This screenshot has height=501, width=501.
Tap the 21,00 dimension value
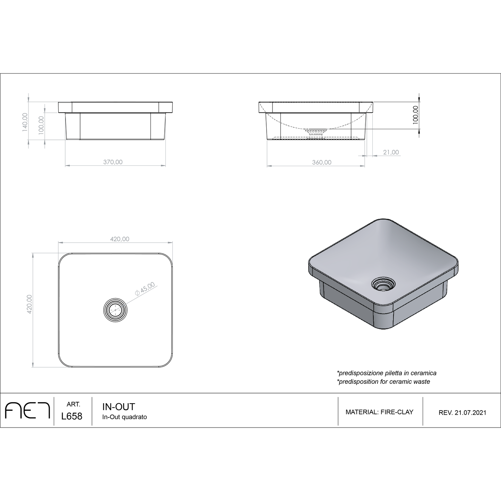[390, 152]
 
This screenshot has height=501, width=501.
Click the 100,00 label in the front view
[41, 125]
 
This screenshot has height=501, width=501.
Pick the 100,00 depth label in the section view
[416, 114]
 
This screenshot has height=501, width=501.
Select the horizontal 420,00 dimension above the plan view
[120, 239]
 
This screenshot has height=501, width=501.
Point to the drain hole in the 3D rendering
[383, 284]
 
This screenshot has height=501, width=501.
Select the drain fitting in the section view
[316, 132]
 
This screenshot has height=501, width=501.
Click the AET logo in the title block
[28, 411]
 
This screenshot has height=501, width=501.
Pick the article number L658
[72, 416]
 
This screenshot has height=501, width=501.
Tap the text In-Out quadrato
[124, 417]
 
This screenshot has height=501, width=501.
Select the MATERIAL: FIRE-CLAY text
[379, 412]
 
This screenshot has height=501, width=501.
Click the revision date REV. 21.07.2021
[462, 413]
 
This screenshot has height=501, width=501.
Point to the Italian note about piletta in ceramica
[386, 373]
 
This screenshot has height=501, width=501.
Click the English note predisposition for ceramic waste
[383, 382]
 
